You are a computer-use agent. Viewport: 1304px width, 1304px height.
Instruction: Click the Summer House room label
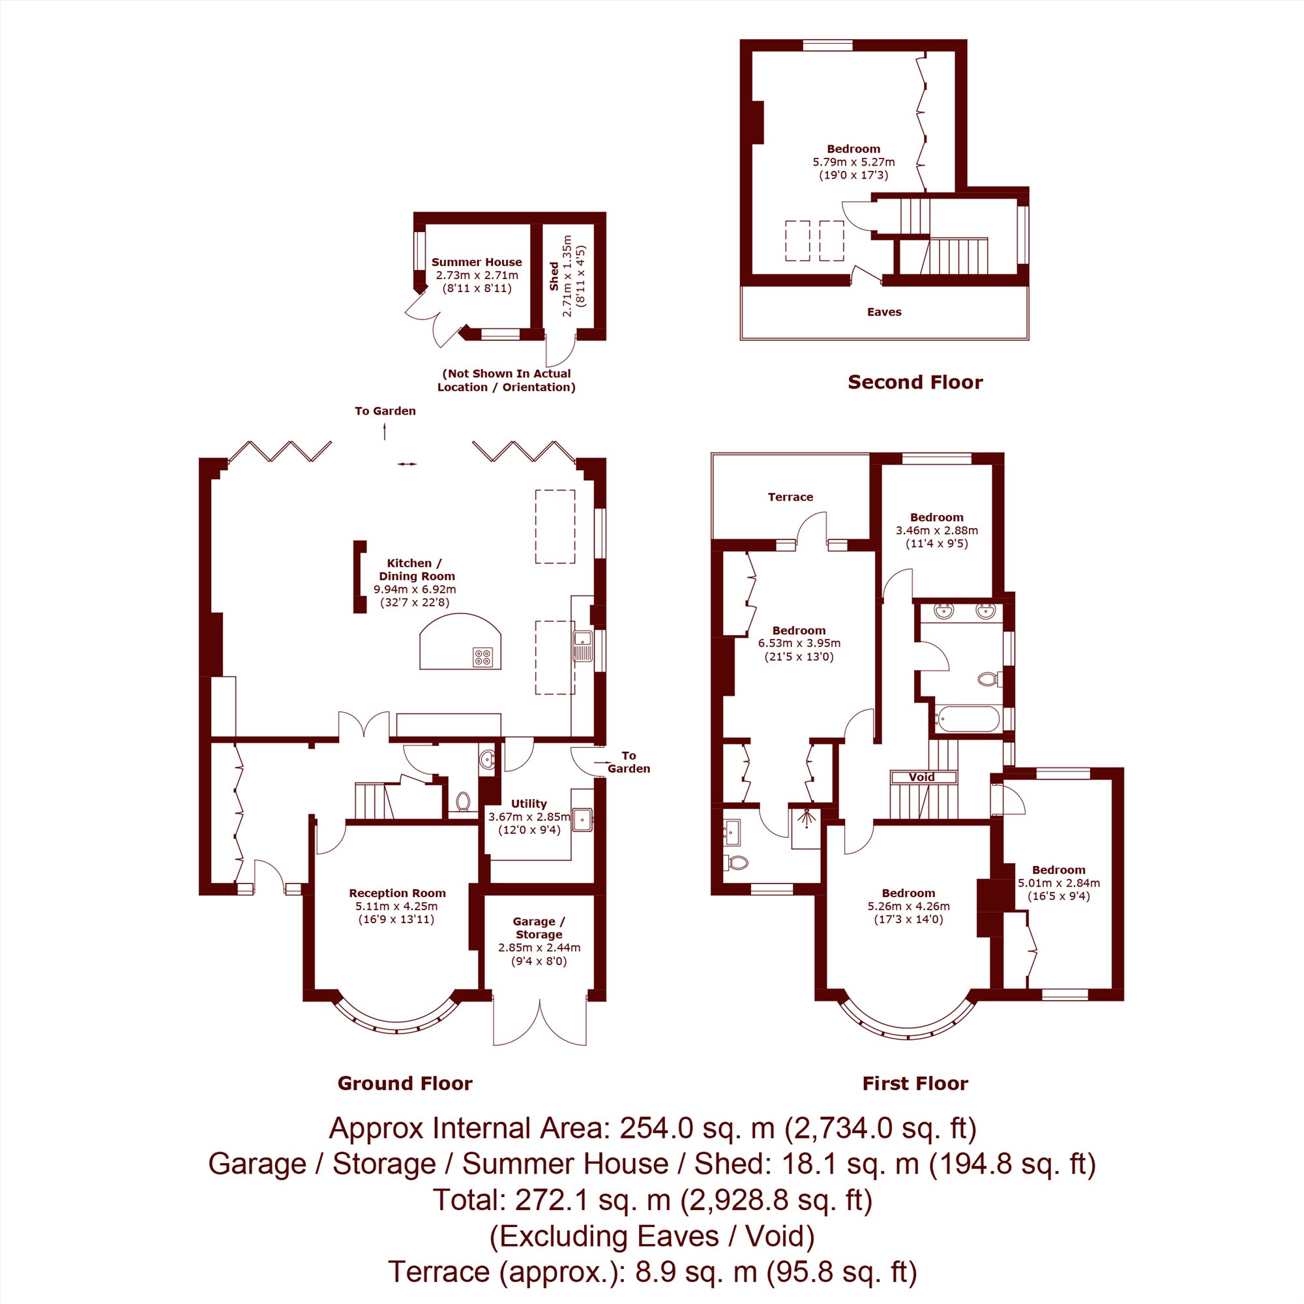click(477, 262)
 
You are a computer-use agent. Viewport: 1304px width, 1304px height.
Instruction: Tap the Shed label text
click(554, 276)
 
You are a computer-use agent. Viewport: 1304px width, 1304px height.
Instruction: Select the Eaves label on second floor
click(884, 312)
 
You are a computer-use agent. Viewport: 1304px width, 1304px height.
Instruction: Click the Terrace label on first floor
click(790, 497)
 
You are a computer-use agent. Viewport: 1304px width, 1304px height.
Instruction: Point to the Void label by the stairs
click(921, 777)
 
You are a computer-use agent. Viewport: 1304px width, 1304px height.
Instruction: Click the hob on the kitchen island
click(482, 657)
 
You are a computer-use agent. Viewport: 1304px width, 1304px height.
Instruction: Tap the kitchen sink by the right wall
click(582, 645)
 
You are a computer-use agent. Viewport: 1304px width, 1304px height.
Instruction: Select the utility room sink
click(582, 820)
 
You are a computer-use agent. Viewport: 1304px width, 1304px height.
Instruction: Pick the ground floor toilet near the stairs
click(462, 801)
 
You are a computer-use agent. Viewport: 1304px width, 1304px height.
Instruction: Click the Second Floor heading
click(915, 382)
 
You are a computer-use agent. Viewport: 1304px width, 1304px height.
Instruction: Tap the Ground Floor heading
click(405, 1083)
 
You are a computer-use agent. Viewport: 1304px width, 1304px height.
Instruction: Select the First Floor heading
click(915, 1083)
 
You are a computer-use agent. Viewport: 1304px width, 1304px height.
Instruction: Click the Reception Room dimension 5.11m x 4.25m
click(396, 906)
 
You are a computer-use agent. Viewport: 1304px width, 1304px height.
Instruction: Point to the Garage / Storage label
click(539, 927)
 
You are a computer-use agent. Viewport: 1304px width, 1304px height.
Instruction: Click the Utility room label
click(529, 803)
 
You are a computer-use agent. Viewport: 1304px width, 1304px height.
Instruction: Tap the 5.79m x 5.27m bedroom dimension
click(854, 162)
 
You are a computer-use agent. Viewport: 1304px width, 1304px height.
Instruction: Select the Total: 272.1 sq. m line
click(652, 1200)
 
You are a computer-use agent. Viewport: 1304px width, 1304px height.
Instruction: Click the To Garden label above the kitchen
click(385, 410)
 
